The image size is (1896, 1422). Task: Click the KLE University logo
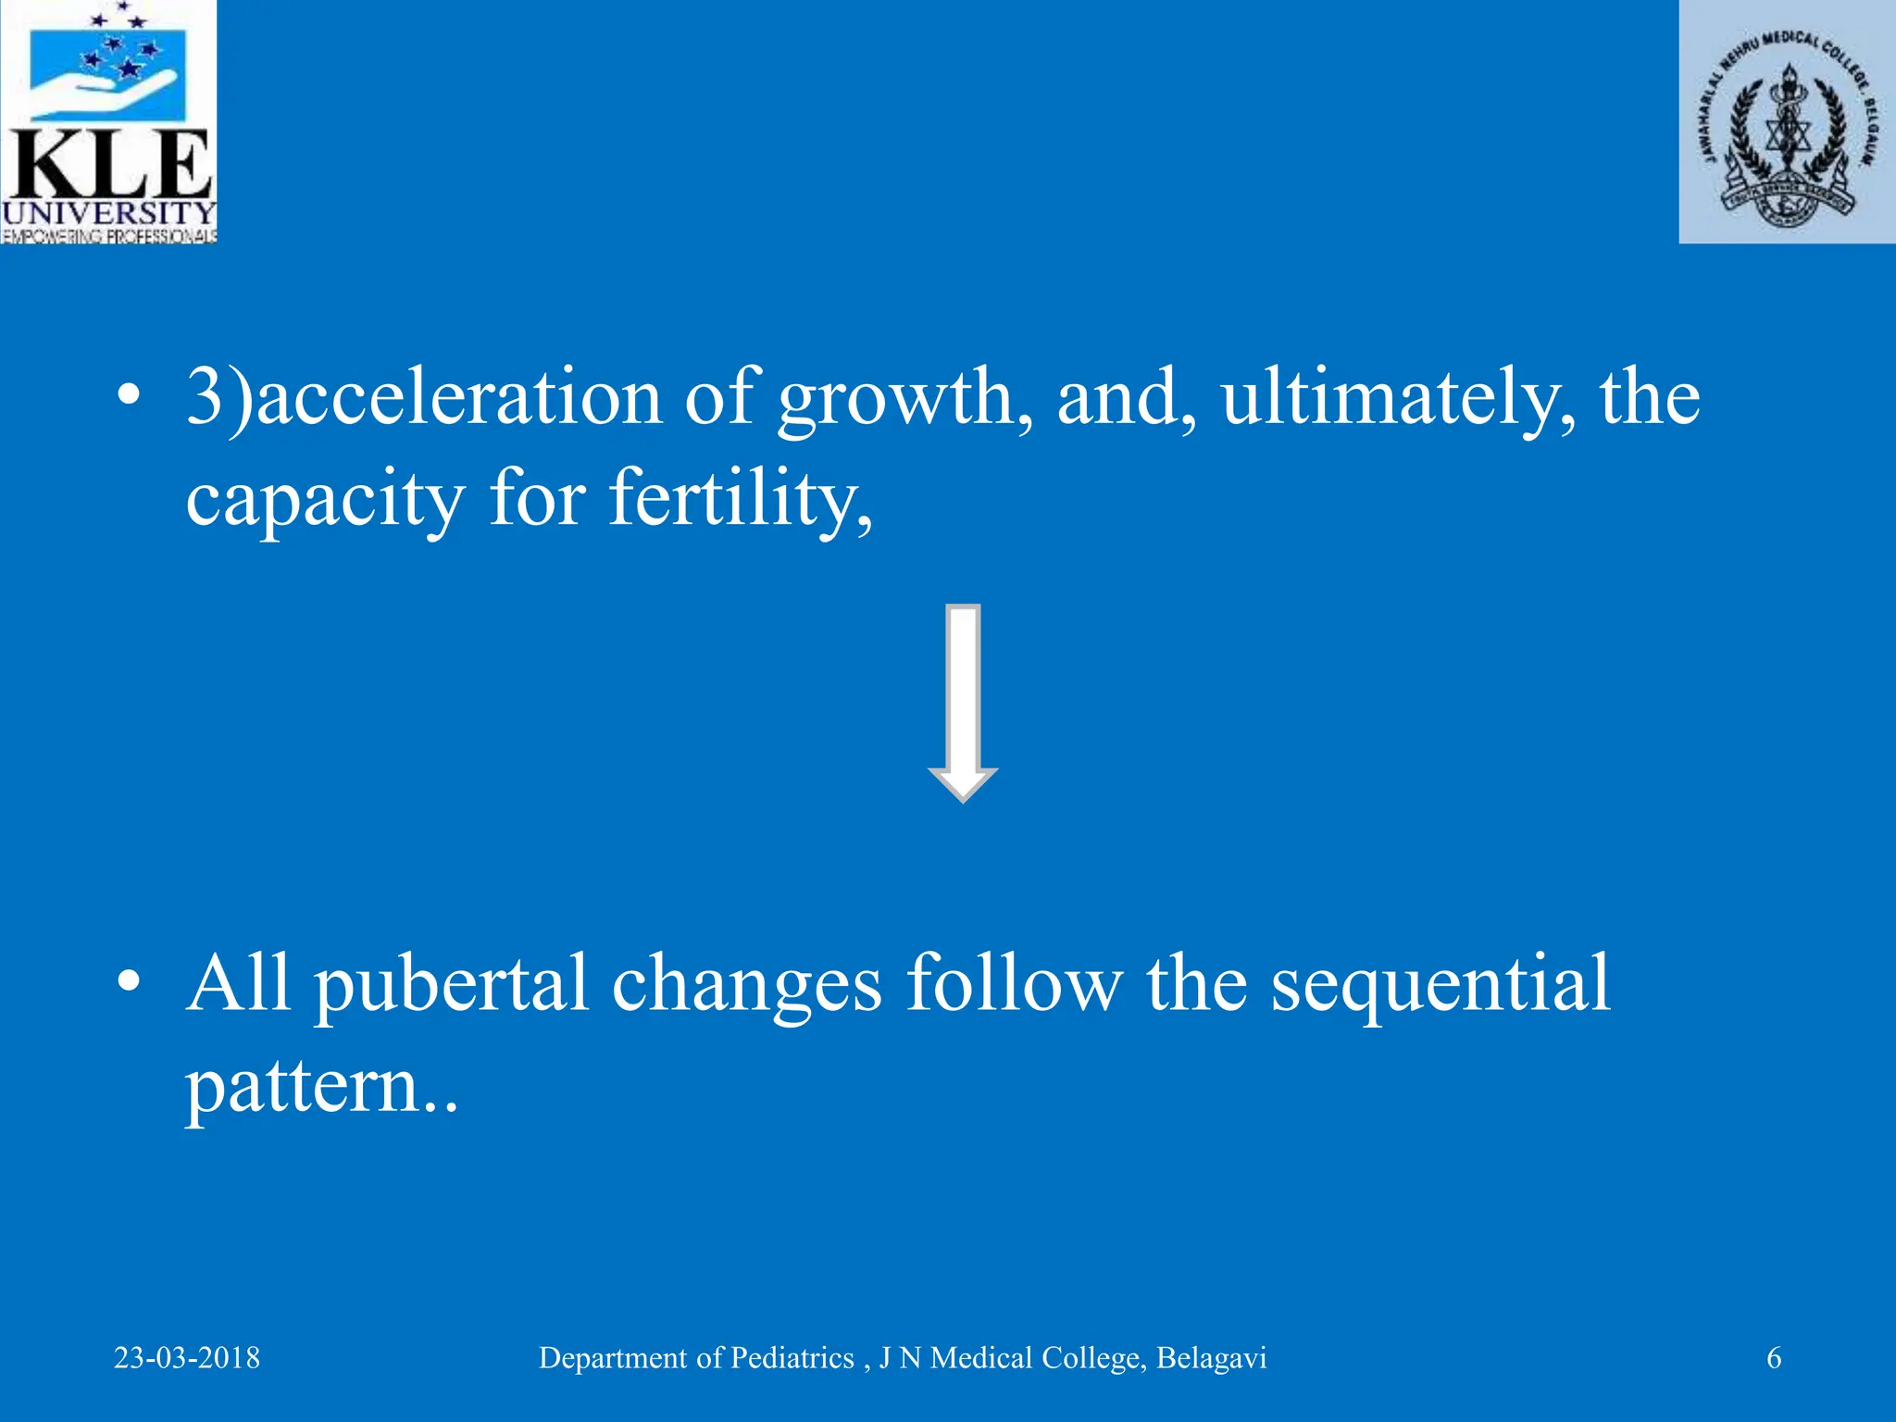click(x=108, y=121)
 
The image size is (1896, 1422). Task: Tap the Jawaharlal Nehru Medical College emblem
click(x=1787, y=121)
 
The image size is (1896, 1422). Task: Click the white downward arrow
click(x=963, y=704)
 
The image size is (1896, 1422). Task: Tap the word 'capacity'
click(x=325, y=500)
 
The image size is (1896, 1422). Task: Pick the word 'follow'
click(x=1014, y=983)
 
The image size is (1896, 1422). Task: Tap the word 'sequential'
click(x=1441, y=985)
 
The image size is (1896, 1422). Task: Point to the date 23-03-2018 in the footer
click(x=187, y=1358)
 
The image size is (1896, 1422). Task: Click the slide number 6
click(x=1774, y=1358)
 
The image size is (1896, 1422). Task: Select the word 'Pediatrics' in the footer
click(x=792, y=1358)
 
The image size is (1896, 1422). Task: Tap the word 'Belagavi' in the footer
click(x=1211, y=1358)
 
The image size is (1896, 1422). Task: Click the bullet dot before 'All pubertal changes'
click(x=129, y=981)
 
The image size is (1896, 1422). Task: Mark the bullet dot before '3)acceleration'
click(x=129, y=396)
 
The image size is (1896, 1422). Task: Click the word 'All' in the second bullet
click(x=238, y=983)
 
